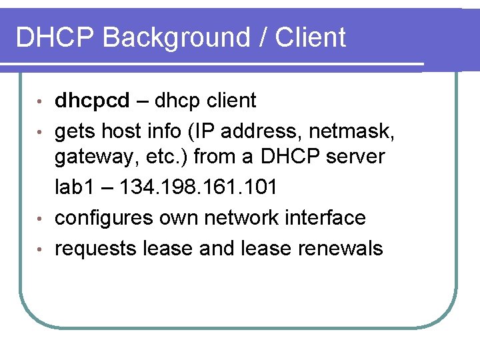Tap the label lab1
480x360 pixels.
pyautogui.click(x=73, y=187)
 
